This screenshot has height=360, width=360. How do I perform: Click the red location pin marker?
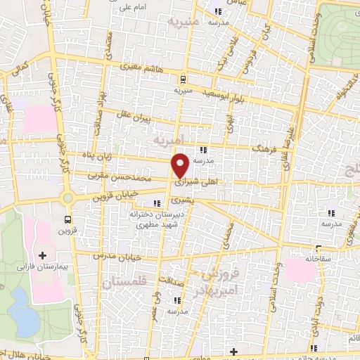(x=181, y=165)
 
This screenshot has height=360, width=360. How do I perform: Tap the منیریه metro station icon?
(x=183, y=79)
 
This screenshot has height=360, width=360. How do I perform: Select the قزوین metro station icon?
(x=68, y=218)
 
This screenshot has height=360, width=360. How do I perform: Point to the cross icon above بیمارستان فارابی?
(x=41, y=255)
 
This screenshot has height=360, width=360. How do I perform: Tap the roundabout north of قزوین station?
(x=68, y=198)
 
